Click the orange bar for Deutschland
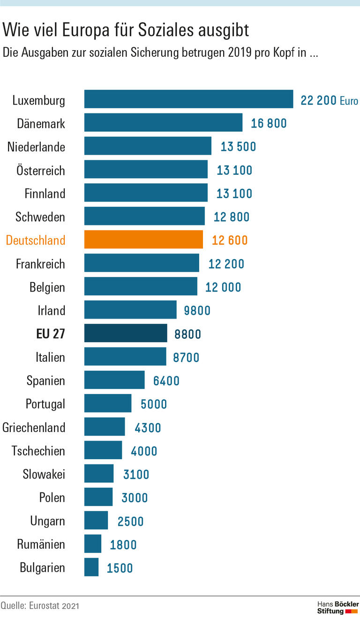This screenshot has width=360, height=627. [x=143, y=239]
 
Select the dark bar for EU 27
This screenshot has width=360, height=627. [x=126, y=333]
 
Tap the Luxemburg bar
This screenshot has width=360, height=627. [x=188, y=99]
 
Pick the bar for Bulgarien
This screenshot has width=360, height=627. [x=91, y=567]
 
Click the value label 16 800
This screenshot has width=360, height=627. [x=269, y=123]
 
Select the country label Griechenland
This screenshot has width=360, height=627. [x=34, y=427]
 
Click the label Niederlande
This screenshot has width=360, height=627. [x=36, y=147]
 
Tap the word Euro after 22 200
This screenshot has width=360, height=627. [x=349, y=100]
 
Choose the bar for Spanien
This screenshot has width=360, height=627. [x=114, y=380]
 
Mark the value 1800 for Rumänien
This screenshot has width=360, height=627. [x=123, y=545]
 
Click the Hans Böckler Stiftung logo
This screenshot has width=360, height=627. [x=337, y=607]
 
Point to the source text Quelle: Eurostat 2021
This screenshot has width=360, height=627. [x=40, y=606]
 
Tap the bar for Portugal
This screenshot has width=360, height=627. [x=108, y=403]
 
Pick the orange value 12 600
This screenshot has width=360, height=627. [x=230, y=240]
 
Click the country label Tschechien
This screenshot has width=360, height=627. [x=38, y=451]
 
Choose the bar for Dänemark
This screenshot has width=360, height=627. [x=163, y=122]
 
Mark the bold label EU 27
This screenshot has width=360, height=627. [x=51, y=334]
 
